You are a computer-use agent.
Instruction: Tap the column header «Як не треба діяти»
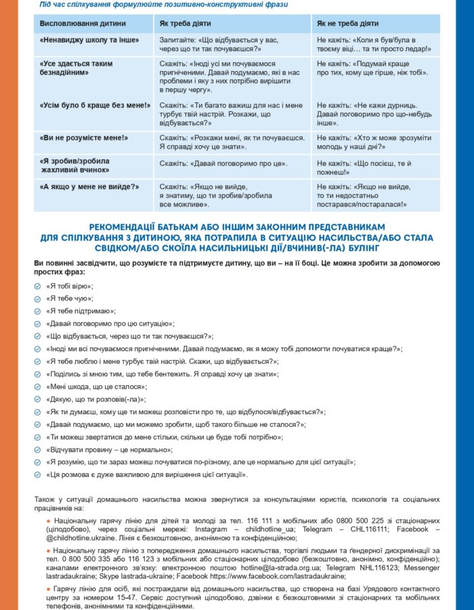point(347,24)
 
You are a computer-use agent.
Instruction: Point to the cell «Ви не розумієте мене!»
point(85,138)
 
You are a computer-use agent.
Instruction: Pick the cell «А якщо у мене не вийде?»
point(89,186)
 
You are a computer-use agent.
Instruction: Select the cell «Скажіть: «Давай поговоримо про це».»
point(223,163)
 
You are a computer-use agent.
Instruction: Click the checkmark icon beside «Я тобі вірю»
point(37,286)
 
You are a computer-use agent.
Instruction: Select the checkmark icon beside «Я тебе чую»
point(37,298)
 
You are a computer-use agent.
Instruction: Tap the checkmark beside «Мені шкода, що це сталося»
point(37,387)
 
